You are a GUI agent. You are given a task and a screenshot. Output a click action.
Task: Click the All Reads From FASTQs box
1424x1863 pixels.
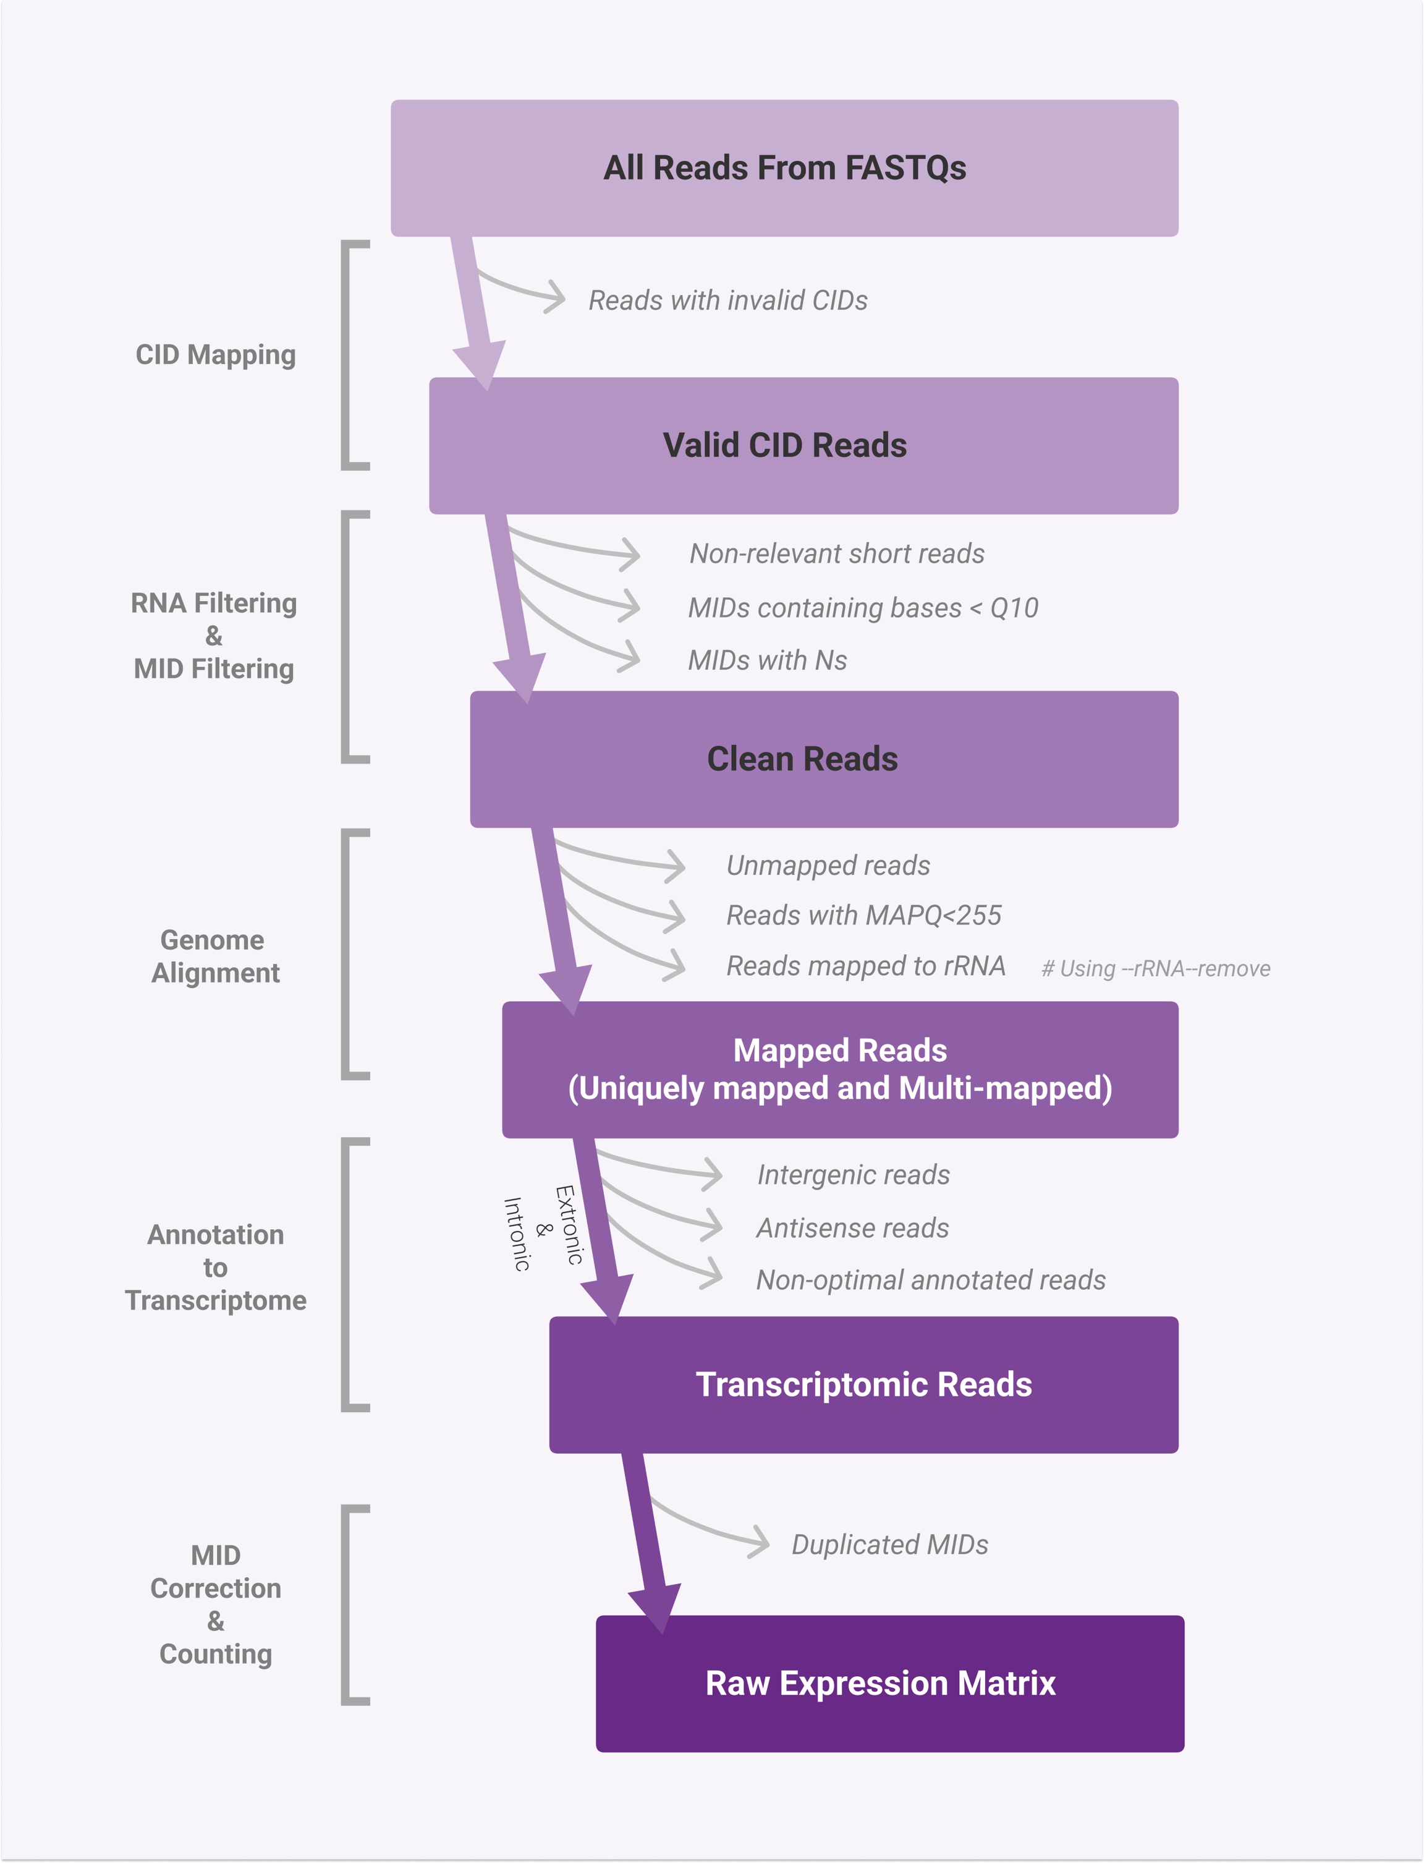pyautogui.click(x=784, y=168)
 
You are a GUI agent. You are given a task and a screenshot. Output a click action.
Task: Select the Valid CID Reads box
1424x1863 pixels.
pyautogui.click(x=803, y=445)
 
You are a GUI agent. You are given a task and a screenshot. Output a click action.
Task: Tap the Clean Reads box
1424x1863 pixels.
pyautogui.click(x=823, y=759)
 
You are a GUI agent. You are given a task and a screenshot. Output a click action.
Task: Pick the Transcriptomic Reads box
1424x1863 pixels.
pyautogui.click(x=863, y=1384)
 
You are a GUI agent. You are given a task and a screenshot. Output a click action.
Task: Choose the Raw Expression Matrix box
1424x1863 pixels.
pyautogui.click(x=889, y=1683)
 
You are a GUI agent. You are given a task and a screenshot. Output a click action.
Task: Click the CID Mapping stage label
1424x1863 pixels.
pyautogui.click(x=215, y=354)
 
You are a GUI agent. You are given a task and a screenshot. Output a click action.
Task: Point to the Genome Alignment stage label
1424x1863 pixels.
pyautogui.click(x=214, y=956)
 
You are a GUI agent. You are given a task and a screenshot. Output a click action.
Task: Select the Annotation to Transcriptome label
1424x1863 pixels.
pyautogui.click(x=215, y=1267)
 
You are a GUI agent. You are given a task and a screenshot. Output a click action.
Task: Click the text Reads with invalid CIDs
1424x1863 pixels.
pyautogui.click(x=727, y=300)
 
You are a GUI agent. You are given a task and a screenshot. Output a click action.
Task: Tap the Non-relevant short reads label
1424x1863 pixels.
pyautogui.click(x=837, y=554)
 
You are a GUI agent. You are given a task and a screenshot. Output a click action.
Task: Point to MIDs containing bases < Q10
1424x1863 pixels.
pyautogui.click(x=863, y=608)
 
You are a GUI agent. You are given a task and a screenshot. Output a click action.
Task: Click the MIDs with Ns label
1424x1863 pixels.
pyautogui.click(x=767, y=660)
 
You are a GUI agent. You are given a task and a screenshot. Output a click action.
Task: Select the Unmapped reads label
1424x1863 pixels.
pyautogui.click(x=828, y=865)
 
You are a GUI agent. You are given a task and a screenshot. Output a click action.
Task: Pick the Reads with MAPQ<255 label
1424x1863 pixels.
pyautogui.click(x=863, y=915)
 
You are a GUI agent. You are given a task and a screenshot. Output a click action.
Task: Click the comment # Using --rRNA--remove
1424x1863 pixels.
pyautogui.click(x=1155, y=968)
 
